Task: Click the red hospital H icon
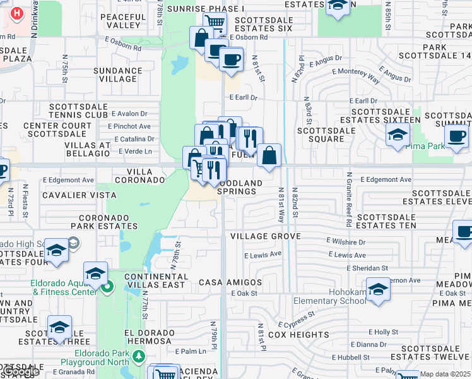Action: (17, 13)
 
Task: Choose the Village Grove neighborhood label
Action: (265, 236)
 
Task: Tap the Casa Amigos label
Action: (230, 282)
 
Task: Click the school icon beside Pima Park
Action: (397, 135)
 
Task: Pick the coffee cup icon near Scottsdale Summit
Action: (456, 136)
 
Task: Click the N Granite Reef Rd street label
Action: (357, 193)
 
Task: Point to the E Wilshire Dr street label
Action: (346, 241)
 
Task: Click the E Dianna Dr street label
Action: (367, 344)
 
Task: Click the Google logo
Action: (20, 372)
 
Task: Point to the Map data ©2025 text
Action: (445, 374)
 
